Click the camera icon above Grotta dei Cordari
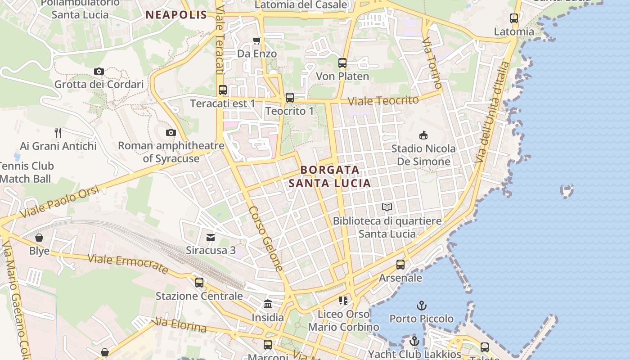[x=99, y=71]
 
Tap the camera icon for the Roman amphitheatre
[x=171, y=132]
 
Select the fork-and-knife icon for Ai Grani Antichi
[x=58, y=132]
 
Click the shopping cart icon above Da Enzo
[x=256, y=41]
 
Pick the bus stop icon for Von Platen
[x=342, y=63]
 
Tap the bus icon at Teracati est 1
[x=223, y=90]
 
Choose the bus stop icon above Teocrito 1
[x=290, y=98]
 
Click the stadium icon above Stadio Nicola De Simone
[x=423, y=135]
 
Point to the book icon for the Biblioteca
[x=387, y=207]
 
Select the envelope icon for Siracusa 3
[x=211, y=237]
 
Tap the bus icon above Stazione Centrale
[x=199, y=283]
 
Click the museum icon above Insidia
[x=268, y=304]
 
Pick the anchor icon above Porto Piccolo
[x=422, y=306]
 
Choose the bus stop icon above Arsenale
[x=400, y=265]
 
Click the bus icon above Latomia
[x=514, y=18]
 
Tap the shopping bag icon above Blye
[x=39, y=238]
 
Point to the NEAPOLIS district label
[x=176, y=15]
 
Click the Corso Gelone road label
[x=266, y=238]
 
